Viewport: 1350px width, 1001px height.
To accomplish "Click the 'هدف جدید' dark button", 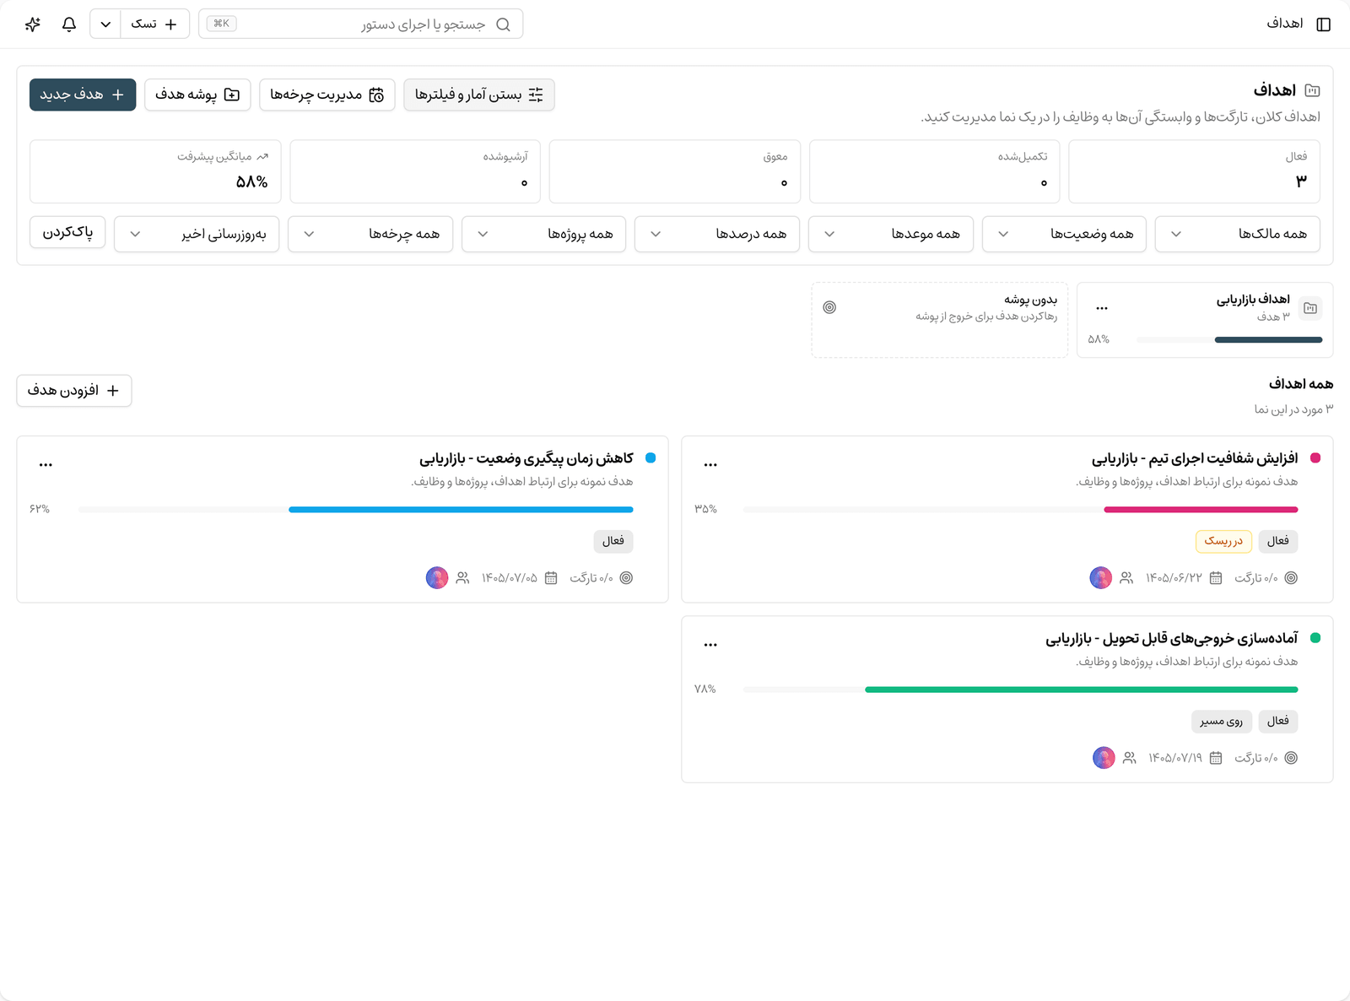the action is (x=83, y=95).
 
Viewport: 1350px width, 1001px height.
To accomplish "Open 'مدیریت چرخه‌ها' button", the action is (x=327, y=95).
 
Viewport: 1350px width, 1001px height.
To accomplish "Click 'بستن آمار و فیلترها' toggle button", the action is (x=479, y=95).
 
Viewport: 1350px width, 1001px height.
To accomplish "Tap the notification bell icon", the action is (x=69, y=24).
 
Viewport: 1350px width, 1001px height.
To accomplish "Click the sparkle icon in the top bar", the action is (x=33, y=24).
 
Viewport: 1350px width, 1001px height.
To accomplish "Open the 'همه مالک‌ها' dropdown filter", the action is (x=1238, y=234).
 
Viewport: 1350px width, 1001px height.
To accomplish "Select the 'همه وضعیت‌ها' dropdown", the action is (x=1064, y=234).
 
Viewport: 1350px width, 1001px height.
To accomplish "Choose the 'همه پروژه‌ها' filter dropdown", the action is (x=543, y=234).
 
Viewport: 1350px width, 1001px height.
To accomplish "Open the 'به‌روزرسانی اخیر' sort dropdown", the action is (x=197, y=234).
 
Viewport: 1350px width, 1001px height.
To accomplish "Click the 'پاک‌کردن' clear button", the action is (x=67, y=233).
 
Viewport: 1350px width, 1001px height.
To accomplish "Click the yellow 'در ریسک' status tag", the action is (x=1223, y=541).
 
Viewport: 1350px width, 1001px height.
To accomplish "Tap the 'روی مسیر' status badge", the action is (x=1221, y=721).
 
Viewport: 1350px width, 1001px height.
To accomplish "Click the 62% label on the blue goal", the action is (x=40, y=509).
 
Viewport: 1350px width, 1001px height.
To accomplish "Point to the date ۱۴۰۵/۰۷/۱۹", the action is (x=1175, y=757).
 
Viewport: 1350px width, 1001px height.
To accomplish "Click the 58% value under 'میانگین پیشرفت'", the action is (x=252, y=181).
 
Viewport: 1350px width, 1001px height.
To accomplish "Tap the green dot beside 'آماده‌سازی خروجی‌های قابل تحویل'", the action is (x=1315, y=638).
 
